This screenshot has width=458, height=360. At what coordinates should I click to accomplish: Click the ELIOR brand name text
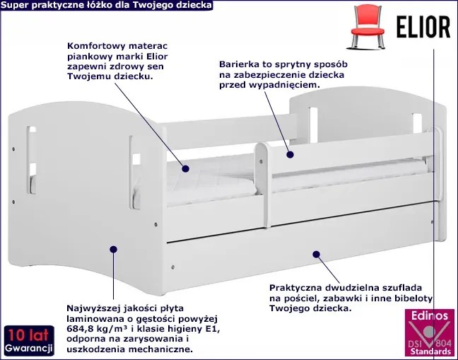click(421, 26)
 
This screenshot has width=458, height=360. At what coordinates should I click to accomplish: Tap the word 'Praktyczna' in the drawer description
click(295, 288)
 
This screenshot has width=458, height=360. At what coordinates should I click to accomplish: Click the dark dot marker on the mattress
click(184, 168)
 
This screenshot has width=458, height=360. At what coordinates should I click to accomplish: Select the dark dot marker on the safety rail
click(289, 152)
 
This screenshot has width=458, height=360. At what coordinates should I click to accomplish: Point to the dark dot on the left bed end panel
click(114, 248)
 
